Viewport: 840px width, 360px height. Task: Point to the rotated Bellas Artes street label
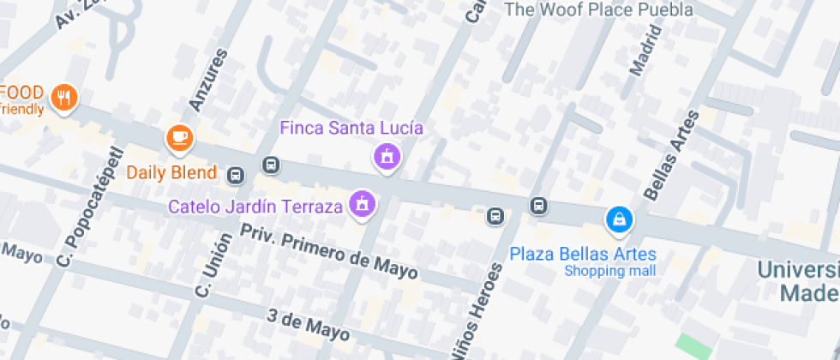coord(666,155)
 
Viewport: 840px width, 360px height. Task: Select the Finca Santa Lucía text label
coord(351,129)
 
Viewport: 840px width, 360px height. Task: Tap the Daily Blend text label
coord(171,172)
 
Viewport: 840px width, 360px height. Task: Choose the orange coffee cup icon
coord(179,136)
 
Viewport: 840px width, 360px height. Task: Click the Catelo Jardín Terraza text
coord(255,206)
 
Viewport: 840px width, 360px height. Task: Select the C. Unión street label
coord(213,265)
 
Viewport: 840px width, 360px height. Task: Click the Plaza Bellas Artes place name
coord(583,254)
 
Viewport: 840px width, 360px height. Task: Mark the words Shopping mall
coord(609,271)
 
